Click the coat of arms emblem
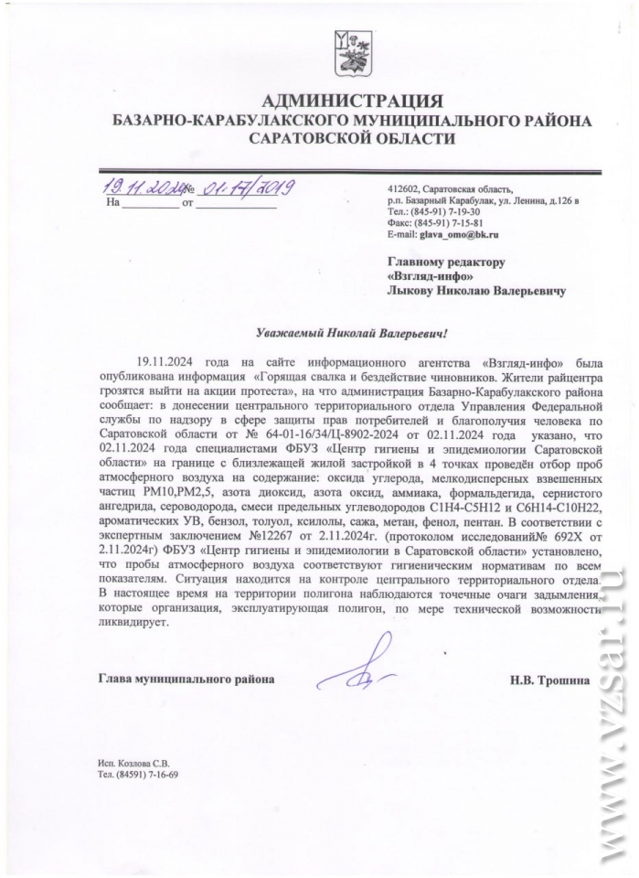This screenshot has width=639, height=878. coord(352,54)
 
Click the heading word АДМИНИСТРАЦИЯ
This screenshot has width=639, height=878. coord(352,101)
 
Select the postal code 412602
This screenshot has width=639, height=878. coord(403,188)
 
